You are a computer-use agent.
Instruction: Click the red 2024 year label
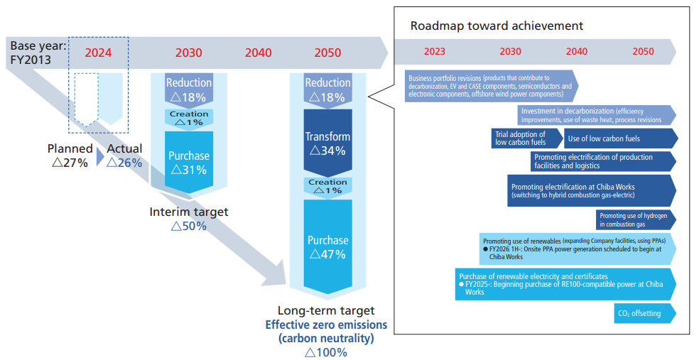(99, 52)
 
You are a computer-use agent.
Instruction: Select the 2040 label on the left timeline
(258, 53)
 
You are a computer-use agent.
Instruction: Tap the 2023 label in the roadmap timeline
(435, 51)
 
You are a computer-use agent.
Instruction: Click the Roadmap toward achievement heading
(497, 26)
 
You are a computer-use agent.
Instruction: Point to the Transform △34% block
(327, 143)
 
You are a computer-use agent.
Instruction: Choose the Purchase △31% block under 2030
(188, 162)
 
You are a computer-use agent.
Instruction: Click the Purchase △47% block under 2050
(327, 246)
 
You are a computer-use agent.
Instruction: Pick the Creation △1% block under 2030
(188, 118)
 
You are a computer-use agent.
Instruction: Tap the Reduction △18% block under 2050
(327, 89)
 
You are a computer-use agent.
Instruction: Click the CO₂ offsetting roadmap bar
(641, 313)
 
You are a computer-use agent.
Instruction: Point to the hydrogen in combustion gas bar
(634, 219)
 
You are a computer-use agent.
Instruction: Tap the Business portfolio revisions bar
(490, 86)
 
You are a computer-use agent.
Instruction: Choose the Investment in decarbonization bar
(595, 115)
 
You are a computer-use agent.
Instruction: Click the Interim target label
(189, 212)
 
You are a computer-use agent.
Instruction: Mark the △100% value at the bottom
(326, 352)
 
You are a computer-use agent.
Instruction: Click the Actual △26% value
(124, 156)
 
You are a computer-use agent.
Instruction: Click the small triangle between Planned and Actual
(100, 156)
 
